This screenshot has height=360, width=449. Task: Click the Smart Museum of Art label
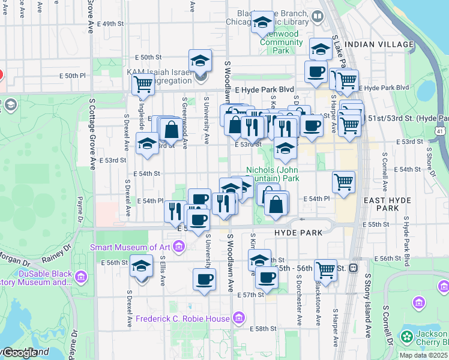tap(131, 247)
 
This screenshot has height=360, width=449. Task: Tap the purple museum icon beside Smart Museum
tap(178, 245)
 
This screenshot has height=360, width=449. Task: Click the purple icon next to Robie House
tap(239, 317)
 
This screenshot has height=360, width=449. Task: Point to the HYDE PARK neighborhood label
tap(298, 232)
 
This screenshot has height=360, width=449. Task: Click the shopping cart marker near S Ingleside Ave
tap(143, 85)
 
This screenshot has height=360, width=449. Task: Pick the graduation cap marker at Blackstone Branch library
tap(262, 22)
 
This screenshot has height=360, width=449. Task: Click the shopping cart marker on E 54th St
tap(343, 181)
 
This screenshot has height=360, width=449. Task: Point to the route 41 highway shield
tap(441, 131)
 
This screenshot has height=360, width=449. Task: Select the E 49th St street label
tap(112, 24)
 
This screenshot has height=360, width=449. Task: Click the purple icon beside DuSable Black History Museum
tap(82, 277)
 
